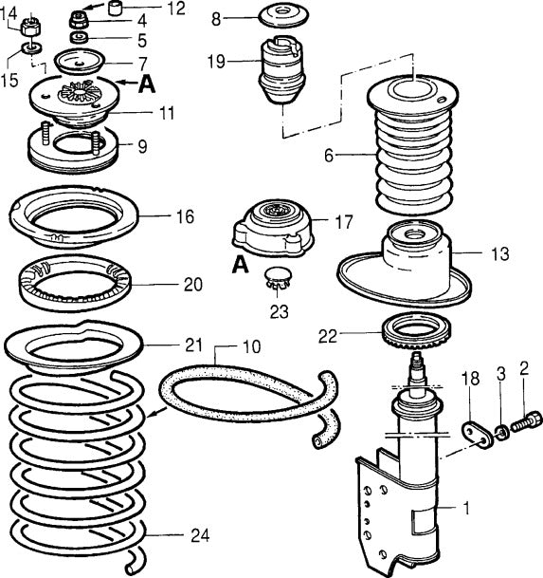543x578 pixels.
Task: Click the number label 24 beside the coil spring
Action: pos(197,536)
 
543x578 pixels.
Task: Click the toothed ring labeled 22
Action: pos(412,334)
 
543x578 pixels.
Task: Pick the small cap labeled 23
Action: pos(278,278)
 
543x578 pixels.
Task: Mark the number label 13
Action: pos(500,254)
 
